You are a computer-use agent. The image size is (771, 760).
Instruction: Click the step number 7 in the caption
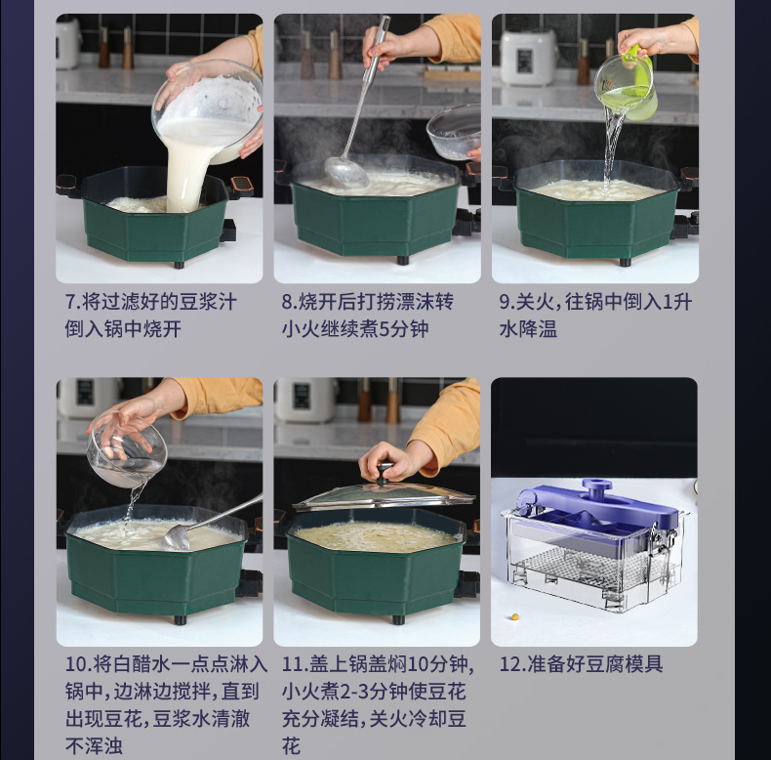(x=72, y=302)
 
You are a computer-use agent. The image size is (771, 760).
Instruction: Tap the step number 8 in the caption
(x=289, y=302)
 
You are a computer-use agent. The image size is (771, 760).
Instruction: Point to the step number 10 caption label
(x=78, y=664)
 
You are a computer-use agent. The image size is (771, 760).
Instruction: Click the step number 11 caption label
(x=295, y=664)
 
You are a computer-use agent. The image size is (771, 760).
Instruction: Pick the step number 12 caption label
(x=512, y=664)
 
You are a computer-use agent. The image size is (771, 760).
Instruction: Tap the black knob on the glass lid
(x=385, y=474)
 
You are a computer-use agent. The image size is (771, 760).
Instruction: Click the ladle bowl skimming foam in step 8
(x=346, y=171)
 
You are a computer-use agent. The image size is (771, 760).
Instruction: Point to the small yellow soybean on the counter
(x=515, y=616)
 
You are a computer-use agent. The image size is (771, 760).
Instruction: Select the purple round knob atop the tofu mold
(x=597, y=486)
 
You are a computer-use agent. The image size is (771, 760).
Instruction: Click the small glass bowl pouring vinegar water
(x=127, y=449)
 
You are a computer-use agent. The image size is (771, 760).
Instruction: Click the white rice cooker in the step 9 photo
(x=528, y=57)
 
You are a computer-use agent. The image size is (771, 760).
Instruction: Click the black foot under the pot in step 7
(x=179, y=265)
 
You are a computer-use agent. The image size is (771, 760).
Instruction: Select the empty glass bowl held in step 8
(x=454, y=132)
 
